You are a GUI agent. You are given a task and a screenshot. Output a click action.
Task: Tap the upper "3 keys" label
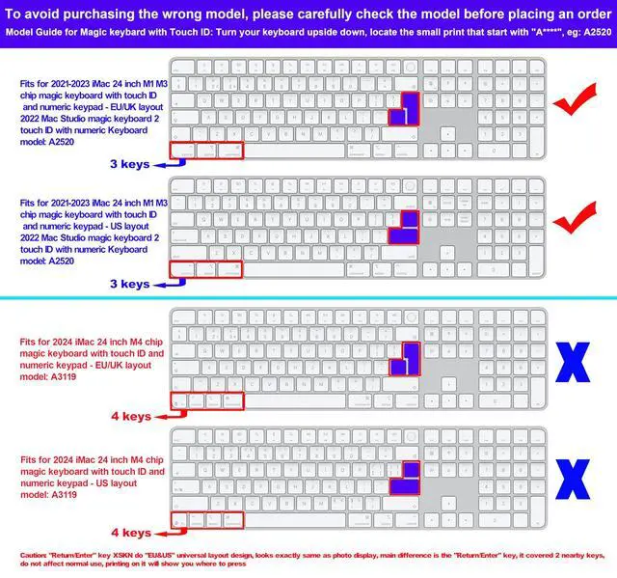tap(129, 164)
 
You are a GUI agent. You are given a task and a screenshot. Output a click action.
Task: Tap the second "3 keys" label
tap(129, 284)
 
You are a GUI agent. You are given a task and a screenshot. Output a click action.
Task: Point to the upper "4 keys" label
tap(129, 416)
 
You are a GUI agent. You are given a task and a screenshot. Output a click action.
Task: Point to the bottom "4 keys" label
tap(129, 532)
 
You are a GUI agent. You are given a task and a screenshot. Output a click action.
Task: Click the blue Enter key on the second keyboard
tap(406, 228)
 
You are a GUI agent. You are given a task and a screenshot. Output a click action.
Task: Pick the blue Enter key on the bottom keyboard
tap(406, 476)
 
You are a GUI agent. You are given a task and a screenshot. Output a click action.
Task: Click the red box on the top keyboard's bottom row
tap(205, 151)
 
